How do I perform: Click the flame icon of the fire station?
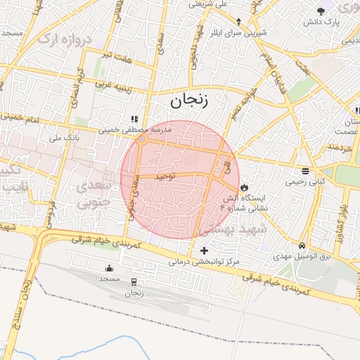coord(244,188)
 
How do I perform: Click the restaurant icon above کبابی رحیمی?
coord(304,171)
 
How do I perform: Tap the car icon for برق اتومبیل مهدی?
coord(302,246)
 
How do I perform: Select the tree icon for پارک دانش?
coord(321,11)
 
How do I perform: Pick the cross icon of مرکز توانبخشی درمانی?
coord(205,250)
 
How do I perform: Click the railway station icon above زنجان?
coord(134,283)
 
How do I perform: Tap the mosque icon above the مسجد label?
coord(109,268)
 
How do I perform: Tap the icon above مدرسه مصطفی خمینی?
coord(134,119)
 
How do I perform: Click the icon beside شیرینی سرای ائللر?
coord(238,21)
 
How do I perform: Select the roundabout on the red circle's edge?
coord(142,140)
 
